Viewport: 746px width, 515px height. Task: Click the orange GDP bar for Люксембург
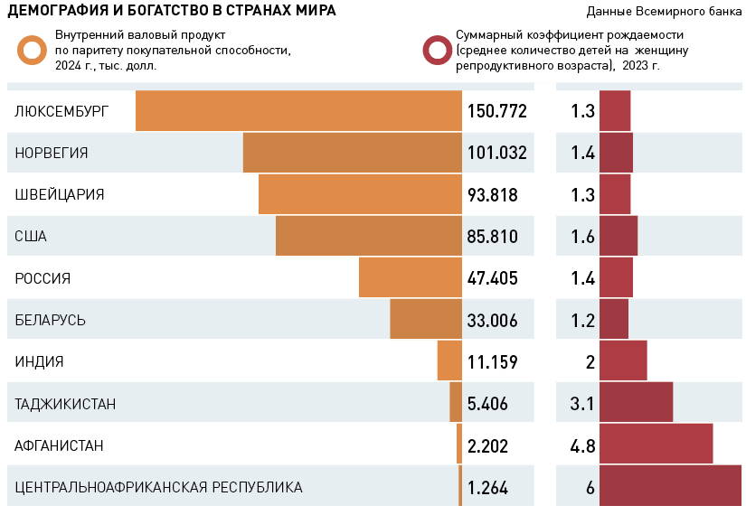tap(298, 111)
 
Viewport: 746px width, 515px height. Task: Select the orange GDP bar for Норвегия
tap(352, 153)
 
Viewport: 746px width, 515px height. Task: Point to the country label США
tap(31, 237)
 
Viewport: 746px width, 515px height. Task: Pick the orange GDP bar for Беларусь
tap(425, 320)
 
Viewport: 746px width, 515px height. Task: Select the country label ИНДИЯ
tap(39, 361)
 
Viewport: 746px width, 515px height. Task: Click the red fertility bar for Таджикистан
tap(636, 403)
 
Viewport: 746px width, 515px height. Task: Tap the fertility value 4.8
tap(582, 445)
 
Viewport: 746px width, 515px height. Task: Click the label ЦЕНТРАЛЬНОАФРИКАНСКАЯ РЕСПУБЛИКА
tap(158, 487)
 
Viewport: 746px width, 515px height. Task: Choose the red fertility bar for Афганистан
tap(656, 445)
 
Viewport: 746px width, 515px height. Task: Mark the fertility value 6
tap(590, 488)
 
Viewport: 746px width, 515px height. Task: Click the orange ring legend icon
tap(33, 51)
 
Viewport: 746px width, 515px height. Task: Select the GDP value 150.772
tap(496, 111)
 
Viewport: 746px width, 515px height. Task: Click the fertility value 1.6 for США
tap(582, 237)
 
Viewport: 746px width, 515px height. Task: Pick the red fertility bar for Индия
tap(623, 361)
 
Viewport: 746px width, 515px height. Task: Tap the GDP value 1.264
tap(487, 488)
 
